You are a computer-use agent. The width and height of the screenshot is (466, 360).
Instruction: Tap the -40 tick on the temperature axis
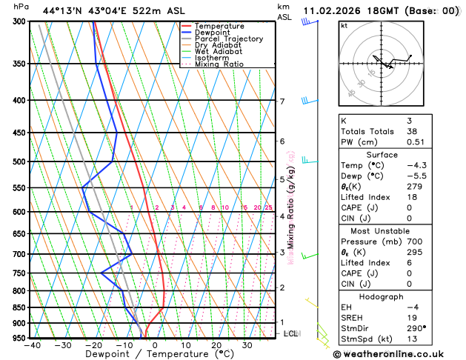pyautogui.click(x=32, y=344)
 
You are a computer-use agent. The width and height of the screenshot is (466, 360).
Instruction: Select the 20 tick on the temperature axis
pyautogui.click(x=216, y=344)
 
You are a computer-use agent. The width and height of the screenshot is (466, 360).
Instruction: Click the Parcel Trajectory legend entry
pyautogui.click(x=229, y=39)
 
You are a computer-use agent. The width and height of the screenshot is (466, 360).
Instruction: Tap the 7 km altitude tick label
pyautogui.click(x=282, y=101)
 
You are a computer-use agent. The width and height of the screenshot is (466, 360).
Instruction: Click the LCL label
pyautogui.click(x=291, y=333)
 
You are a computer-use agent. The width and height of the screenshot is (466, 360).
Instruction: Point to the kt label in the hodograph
pyautogui.click(x=343, y=26)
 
